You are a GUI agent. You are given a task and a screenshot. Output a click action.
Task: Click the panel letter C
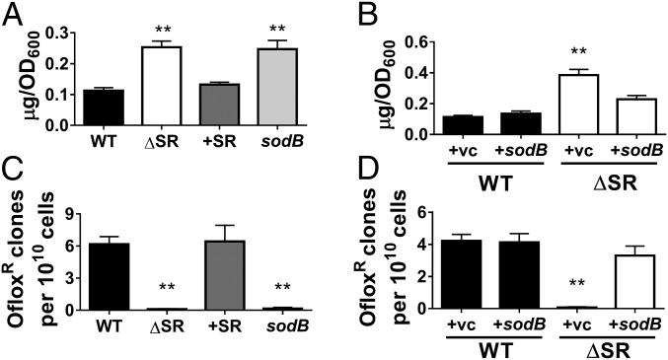pyautogui.click(x=16, y=193)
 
